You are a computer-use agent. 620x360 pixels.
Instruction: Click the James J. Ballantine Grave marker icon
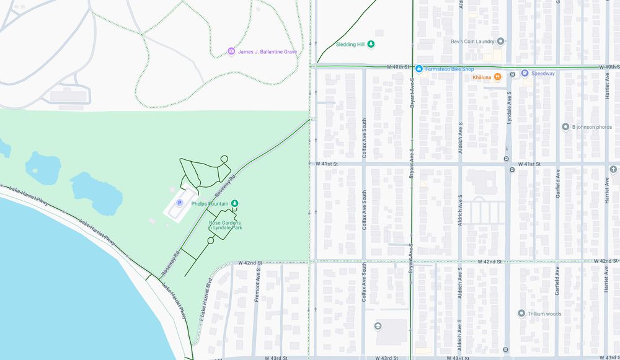[231, 51]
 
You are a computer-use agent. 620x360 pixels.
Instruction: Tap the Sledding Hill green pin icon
[371, 44]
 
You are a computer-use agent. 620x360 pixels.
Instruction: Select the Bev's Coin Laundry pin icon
[500, 42]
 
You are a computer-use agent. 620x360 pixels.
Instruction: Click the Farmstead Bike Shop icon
[419, 69]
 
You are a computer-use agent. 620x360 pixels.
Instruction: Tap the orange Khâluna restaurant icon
[497, 77]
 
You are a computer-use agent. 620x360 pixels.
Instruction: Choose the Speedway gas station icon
[524, 73]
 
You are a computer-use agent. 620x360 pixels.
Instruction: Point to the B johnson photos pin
[565, 127]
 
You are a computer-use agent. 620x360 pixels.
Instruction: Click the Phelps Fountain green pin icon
[235, 203]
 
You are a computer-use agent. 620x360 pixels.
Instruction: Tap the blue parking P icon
[180, 202]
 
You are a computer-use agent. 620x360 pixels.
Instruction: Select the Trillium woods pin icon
[521, 314]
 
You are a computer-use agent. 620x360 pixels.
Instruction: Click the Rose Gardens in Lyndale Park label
[225, 225]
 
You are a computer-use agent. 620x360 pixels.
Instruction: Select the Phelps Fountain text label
[210, 204]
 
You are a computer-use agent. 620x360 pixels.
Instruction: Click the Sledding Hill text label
[350, 45]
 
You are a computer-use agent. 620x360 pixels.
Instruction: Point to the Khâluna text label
[481, 77]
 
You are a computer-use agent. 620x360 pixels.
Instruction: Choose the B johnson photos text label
[591, 127]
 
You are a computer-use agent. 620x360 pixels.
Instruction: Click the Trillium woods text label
[544, 314]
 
